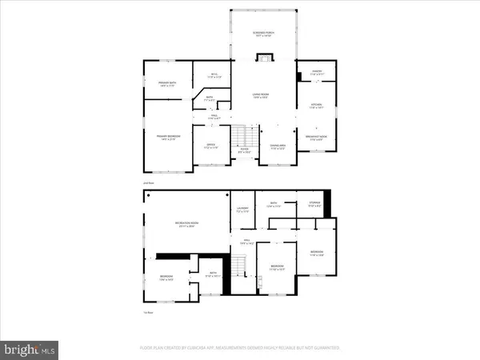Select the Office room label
tap(211, 147)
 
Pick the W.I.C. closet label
tap(214, 76)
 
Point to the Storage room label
tap(314, 204)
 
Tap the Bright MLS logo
tap(30, 349)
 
